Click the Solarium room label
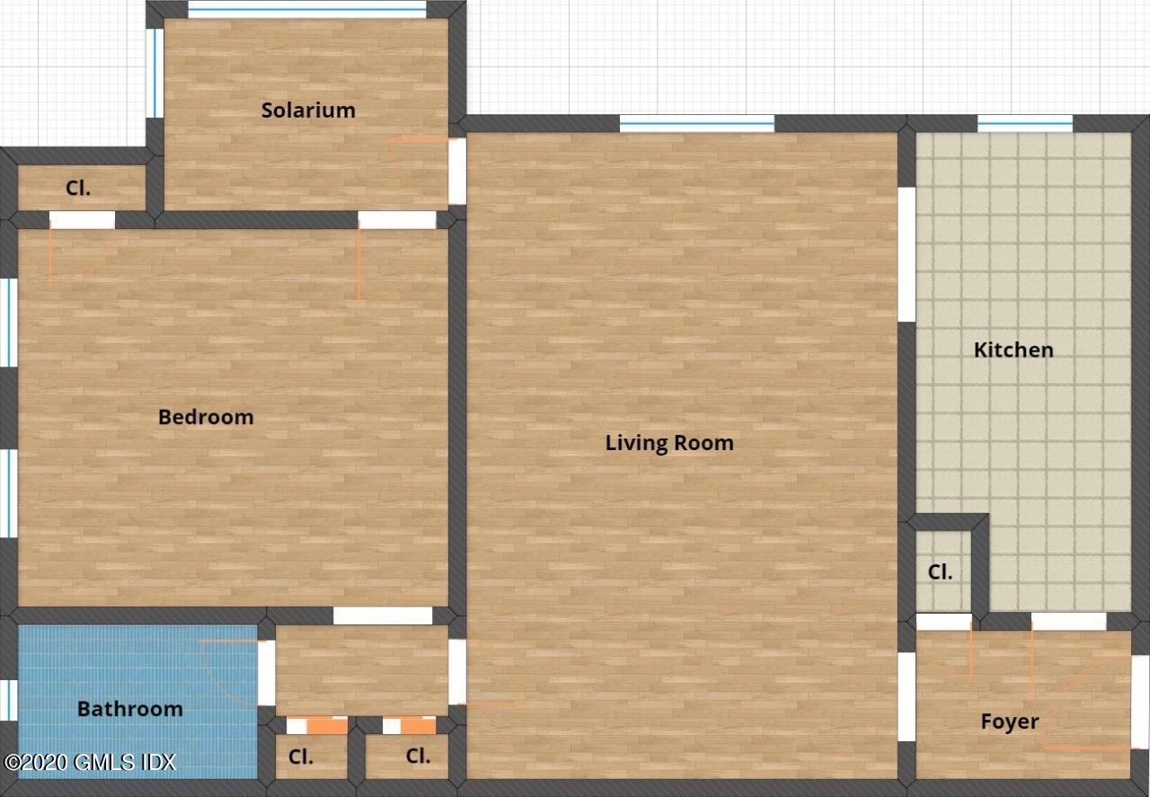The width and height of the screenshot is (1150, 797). tap(308, 111)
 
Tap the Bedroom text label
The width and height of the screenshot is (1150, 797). tap(206, 417)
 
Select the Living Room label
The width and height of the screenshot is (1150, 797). tap(669, 443)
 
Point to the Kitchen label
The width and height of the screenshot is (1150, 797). tap(1013, 350)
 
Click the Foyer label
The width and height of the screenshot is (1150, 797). tap(1010, 722)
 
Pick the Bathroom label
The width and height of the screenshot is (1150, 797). tap(130, 709)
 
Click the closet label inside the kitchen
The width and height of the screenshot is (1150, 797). tap(940, 572)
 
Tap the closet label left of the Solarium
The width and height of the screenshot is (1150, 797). tap(79, 189)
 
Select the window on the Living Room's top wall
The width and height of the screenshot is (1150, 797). tap(697, 124)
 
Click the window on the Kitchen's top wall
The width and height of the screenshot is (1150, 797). tap(1024, 124)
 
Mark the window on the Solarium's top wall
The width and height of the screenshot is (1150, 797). tap(306, 9)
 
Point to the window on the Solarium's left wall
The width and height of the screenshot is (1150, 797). tap(155, 73)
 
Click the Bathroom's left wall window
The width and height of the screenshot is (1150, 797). tap(8, 700)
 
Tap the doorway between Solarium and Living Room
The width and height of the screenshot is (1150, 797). tap(457, 171)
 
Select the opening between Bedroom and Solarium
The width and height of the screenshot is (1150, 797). tap(397, 220)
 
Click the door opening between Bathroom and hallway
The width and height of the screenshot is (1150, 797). tap(266, 673)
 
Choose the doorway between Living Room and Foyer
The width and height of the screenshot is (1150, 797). tap(907, 696)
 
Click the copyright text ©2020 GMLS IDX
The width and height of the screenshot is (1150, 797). tap(90, 763)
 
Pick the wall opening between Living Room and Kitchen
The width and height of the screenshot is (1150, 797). tap(907, 254)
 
